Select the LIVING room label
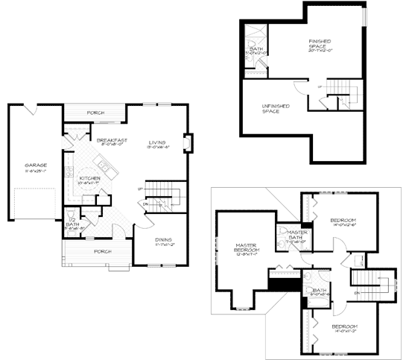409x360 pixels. (x=156, y=142)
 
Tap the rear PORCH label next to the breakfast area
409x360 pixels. (x=95, y=113)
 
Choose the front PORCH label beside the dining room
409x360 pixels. (x=102, y=251)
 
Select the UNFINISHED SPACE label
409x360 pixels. (x=275, y=109)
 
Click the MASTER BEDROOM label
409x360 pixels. (x=245, y=248)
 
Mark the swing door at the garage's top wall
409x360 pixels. (x=30, y=110)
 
